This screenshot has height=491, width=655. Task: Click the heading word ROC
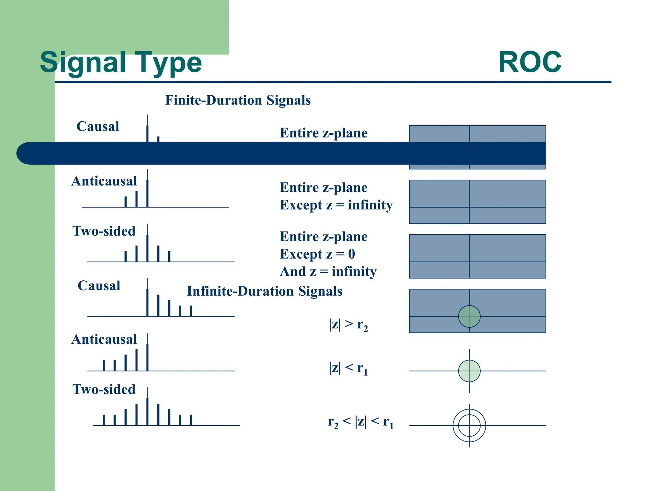530,62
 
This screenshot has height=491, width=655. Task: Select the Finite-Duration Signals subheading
238,100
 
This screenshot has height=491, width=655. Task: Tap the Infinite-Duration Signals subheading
264,291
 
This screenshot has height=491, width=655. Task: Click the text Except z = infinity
336,205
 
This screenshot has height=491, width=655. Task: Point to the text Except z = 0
317,254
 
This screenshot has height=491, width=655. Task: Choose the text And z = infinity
328,272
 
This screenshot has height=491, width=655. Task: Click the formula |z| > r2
348,325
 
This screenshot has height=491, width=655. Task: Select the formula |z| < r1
348,369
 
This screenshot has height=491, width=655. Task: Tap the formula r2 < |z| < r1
360,422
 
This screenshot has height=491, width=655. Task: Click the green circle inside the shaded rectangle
469,316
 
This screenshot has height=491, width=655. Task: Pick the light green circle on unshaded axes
469,371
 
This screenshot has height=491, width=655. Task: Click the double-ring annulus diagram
469,425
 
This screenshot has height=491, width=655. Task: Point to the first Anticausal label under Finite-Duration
104,181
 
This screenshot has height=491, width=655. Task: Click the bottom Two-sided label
104,389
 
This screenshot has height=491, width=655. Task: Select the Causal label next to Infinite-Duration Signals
99,286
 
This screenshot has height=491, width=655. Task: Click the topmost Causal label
98,127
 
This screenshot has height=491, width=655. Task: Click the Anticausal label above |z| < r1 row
104,339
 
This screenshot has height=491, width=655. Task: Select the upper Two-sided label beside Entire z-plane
104,231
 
